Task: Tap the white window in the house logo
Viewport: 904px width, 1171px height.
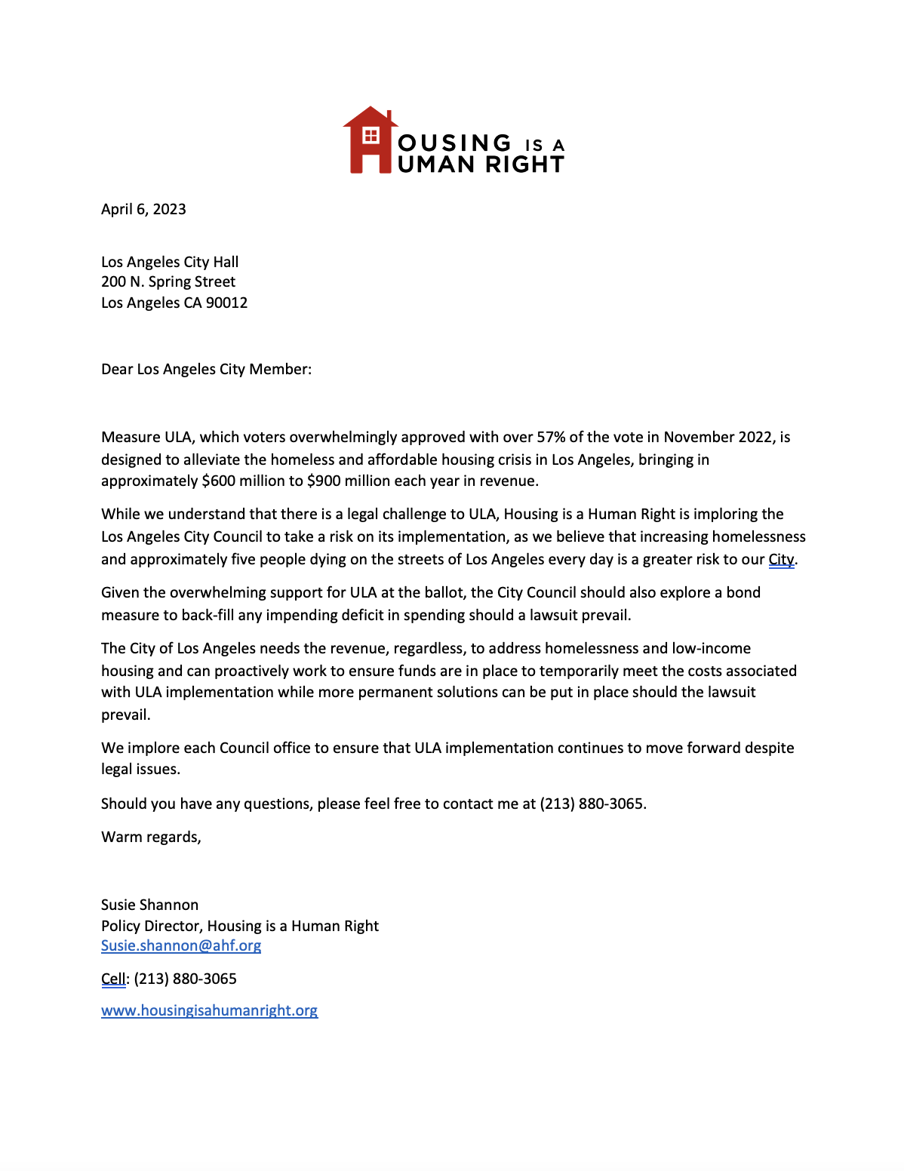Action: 371,136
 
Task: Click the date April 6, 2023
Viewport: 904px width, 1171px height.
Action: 143,210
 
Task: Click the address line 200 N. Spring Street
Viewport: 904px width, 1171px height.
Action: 168,282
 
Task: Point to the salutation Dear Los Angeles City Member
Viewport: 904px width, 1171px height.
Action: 206,370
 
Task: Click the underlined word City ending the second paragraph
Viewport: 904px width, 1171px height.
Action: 781,560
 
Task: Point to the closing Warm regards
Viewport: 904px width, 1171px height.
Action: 151,838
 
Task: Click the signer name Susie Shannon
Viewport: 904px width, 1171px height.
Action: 149,905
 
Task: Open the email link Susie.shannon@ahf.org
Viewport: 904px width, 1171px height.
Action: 181,946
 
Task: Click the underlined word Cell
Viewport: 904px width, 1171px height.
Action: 113,979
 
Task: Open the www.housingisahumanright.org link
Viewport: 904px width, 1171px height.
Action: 209,1011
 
